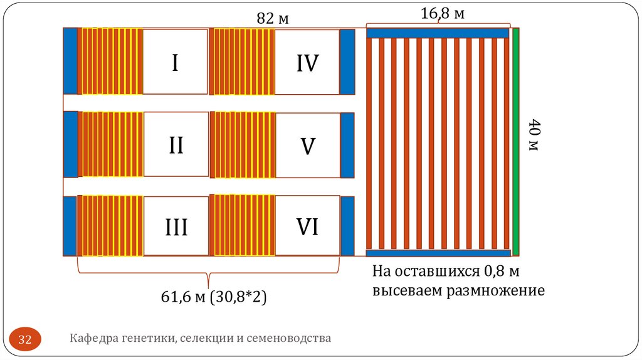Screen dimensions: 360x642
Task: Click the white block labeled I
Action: click(175, 61)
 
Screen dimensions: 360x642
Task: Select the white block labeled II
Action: click(176, 144)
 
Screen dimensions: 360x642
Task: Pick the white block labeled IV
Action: click(307, 61)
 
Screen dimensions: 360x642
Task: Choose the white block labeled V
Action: click(307, 145)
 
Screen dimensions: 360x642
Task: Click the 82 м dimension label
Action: click(272, 19)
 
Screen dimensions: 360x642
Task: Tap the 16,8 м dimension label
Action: click(442, 13)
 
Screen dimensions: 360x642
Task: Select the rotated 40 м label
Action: click(533, 135)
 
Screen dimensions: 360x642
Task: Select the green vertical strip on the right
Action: click(516, 142)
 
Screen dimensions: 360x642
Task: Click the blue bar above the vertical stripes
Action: click(438, 33)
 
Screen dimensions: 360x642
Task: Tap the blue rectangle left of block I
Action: click(70, 61)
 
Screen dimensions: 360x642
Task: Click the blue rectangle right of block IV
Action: click(347, 61)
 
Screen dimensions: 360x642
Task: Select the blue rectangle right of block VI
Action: click(347, 226)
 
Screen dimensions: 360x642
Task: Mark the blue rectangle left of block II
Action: click(70, 144)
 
